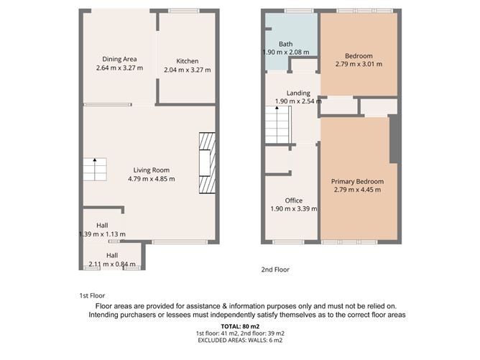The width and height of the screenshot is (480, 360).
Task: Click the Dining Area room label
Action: (120, 59)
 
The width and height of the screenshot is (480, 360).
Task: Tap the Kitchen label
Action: (187, 61)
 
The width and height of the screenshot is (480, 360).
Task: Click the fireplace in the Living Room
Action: (207, 164)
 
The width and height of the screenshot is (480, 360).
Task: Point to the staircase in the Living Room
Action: (94, 170)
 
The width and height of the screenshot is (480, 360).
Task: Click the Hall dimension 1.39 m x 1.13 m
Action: (102, 234)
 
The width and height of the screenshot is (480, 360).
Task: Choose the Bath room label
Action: (275, 44)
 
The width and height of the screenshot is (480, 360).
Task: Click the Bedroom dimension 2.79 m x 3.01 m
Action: (359, 65)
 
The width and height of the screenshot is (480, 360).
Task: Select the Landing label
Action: (298, 93)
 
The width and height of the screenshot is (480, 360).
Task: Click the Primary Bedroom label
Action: (358, 182)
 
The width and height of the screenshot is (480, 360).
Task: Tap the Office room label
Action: (293, 200)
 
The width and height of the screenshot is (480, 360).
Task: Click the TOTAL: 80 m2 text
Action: (240, 326)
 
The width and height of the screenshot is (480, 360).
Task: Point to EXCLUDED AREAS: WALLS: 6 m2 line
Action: (240, 341)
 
